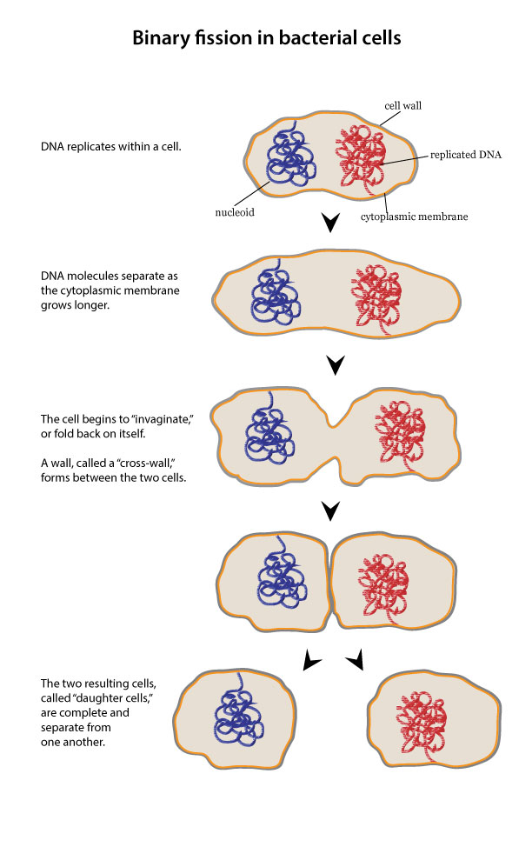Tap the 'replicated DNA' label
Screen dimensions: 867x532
pos(465,156)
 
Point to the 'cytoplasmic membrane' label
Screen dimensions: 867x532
pos(414,217)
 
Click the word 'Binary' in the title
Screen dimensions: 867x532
pos(159,39)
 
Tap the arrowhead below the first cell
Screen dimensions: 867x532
pos(330,223)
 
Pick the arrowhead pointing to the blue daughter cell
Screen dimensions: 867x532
pos(311,663)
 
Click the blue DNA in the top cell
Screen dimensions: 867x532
pos(288,163)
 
